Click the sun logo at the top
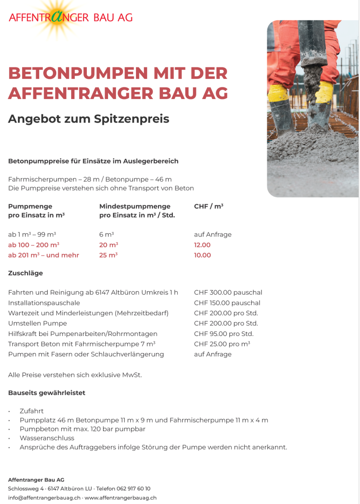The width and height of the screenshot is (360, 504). [x=58, y=17]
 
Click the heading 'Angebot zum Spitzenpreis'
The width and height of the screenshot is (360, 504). [x=89, y=119]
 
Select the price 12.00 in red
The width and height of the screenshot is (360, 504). [x=202, y=245]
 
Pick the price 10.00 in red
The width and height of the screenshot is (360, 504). [x=202, y=255]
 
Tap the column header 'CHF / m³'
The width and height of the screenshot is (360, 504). [x=208, y=206]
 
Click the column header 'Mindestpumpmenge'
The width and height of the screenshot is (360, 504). [x=135, y=206]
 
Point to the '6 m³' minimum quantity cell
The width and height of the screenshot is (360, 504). [x=106, y=235]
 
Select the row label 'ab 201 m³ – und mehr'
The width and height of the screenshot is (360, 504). [x=44, y=255]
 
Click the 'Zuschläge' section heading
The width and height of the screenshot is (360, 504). [x=25, y=273]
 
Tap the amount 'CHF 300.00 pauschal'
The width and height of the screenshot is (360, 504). [x=228, y=293]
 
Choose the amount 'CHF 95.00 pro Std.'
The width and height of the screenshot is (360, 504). [x=224, y=334]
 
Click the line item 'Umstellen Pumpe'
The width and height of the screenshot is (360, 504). [x=37, y=323]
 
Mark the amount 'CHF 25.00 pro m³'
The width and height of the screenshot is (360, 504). [x=222, y=344]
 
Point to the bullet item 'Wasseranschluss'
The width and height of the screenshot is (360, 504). [x=47, y=438]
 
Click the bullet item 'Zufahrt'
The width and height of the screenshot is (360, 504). [x=31, y=411]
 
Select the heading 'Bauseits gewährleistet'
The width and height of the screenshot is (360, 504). [x=46, y=393]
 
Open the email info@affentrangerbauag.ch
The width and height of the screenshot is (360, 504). [x=44, y=498]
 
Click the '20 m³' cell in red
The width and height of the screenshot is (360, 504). [x=108, y=245]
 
